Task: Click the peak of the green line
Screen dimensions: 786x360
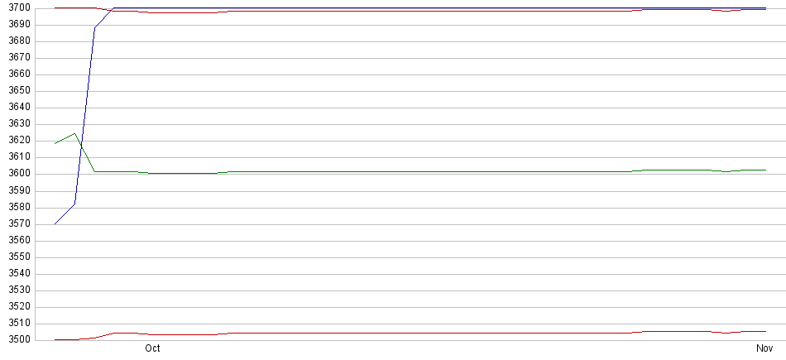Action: pyautogui.click(x=74, y=133)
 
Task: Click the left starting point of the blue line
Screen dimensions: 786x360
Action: pyautogui.click(x=55, y=223)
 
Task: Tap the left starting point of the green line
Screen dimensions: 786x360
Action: pyautogui.click(x=55, y=144)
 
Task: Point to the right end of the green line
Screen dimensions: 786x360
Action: pyautogui.click(x=766, y=170)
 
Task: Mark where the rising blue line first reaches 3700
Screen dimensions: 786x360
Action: pyautogui.click(x=114, y=8)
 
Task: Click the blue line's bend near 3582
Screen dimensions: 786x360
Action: pyautogui.click(x=74, y=204)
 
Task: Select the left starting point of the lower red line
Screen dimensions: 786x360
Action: pyautogui.click(x=55, y=339)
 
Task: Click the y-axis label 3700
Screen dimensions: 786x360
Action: pyautogui.click(x=18, y=8)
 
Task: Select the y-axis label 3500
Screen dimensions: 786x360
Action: pyautogui.click(x=18, y=340)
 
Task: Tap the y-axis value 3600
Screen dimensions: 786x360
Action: pyautogui.click(x=18, y=174)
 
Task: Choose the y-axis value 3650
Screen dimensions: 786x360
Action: pyautogui.click(x=18, y=91)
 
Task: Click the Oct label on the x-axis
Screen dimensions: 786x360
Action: pyautogui.click(x=152, y=348)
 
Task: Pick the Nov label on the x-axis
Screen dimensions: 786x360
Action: pyautogui.click(x=764, y=348)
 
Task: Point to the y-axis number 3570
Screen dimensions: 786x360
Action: pyautogui.click(x=18, y=223)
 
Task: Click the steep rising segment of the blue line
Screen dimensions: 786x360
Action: pyautogui.click(x=84, y=116)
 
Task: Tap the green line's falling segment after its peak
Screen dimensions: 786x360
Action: pyautogui.click(x=84, y=152)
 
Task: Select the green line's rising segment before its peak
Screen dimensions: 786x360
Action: pyautogui.click(x=65, y=138)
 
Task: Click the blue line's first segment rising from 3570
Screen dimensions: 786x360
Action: pyautogui.click(x=65, y=214)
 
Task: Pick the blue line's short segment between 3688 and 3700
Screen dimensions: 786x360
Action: pyautogui.click(x=105, y=18)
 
